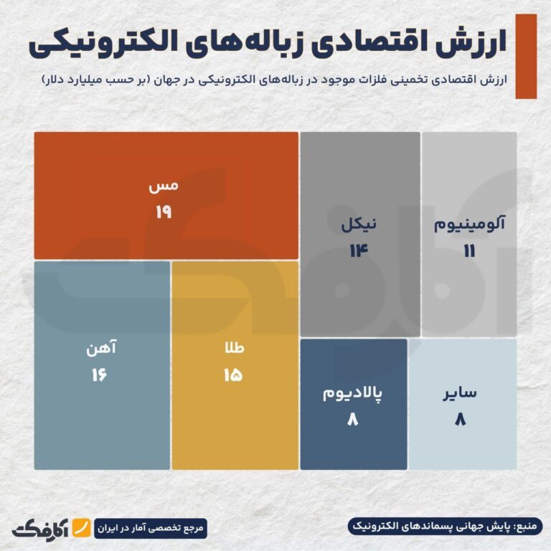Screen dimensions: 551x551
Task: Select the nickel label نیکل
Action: click(359, 224)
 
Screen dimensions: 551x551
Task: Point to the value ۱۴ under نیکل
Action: click(359, 250)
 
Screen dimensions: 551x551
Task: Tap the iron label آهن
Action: click(100, 348)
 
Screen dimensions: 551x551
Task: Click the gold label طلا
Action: click(234, 348)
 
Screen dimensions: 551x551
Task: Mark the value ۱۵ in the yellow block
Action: click(232, 375)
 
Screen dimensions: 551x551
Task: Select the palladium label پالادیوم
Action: click(352, 392)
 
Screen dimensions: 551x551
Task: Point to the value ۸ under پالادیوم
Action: click(352, 419)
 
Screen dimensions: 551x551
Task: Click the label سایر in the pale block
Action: click(461, 392)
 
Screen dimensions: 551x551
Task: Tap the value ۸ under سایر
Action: click(461, 419)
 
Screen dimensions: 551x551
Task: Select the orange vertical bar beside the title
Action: click(526, 55)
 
